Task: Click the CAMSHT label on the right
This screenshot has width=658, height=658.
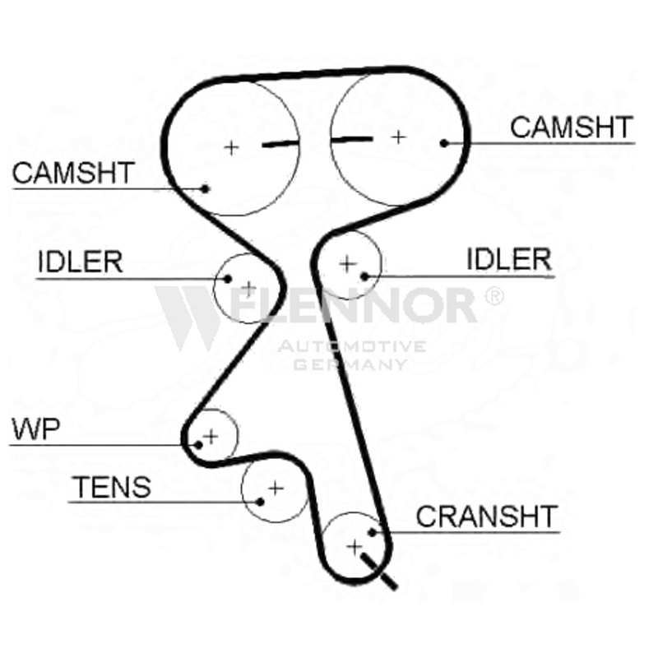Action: (572, 127)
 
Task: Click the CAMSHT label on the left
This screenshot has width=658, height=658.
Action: (73, 173)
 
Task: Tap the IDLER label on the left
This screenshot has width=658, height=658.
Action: (80, 262)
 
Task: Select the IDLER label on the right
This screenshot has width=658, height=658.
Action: (508, 260)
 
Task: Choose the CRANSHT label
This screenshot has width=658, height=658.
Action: (487, 517)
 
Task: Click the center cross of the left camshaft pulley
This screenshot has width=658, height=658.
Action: (232, 147)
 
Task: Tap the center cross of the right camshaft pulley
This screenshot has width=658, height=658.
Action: (398, 136)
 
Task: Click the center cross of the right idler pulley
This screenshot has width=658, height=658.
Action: (346, 263)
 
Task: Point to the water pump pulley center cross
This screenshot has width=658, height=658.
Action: (211, 434)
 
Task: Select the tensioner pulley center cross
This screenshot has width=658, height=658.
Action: (275, 488)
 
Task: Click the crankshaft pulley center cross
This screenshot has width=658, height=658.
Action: (354, 545)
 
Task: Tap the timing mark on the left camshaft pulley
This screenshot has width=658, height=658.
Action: (280, 144)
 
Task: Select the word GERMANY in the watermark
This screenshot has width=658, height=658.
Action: (350, 363)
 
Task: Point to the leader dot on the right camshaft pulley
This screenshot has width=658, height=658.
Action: (444, 143)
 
